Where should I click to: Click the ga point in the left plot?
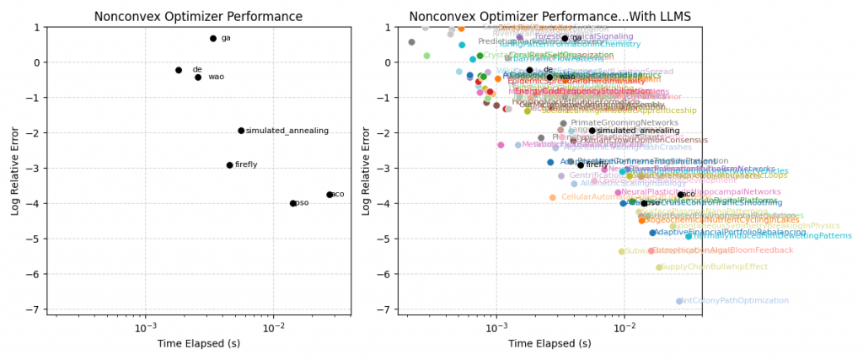click(213, 39)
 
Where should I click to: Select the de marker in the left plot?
click(179, 70)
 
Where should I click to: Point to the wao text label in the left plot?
click(217, 77)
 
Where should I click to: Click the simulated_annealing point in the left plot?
click(241, 131)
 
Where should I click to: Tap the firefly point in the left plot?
click(229, 165)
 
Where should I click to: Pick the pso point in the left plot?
click(293, 203)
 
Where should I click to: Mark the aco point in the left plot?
click(330, 195)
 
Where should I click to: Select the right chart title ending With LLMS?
click(553, 16)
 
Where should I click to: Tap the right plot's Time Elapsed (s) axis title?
click(552, 343)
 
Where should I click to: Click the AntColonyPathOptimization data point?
click(679, 301)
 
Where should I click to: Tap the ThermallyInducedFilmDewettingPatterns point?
click(689, 236)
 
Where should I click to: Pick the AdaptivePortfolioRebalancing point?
click(652, 233)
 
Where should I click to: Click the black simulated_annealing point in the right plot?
click(592, 131)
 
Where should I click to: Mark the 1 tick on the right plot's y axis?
click(389, 27)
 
